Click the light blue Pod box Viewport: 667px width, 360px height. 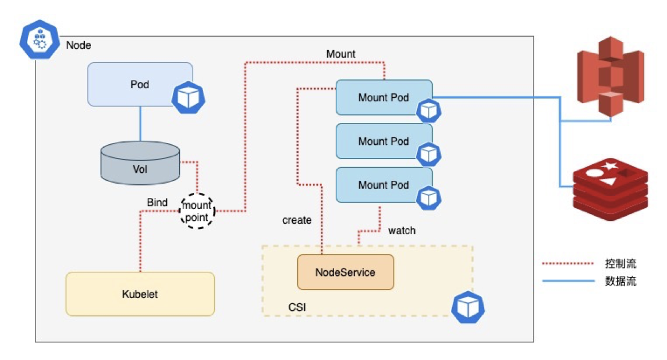[139, 84]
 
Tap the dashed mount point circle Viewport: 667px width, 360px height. [197, 211]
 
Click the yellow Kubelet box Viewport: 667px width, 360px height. [140, 294]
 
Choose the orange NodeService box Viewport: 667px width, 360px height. [345, 272]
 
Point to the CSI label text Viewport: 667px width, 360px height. [297, 308]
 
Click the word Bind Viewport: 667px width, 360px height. [157, 203]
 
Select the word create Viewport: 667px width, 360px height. [297, 220]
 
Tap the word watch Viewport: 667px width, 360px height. [402, 231]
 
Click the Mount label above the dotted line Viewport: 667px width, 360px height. [340, 54]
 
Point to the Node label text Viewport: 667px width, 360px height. [79, 45]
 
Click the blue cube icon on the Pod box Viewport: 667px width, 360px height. [188, 98]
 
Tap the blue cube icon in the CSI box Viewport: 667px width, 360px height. [468, 307]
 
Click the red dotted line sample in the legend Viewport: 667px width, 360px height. [567, 264]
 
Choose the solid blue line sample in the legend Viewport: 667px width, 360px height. [567, 281]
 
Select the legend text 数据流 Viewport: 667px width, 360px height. [620, 281]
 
